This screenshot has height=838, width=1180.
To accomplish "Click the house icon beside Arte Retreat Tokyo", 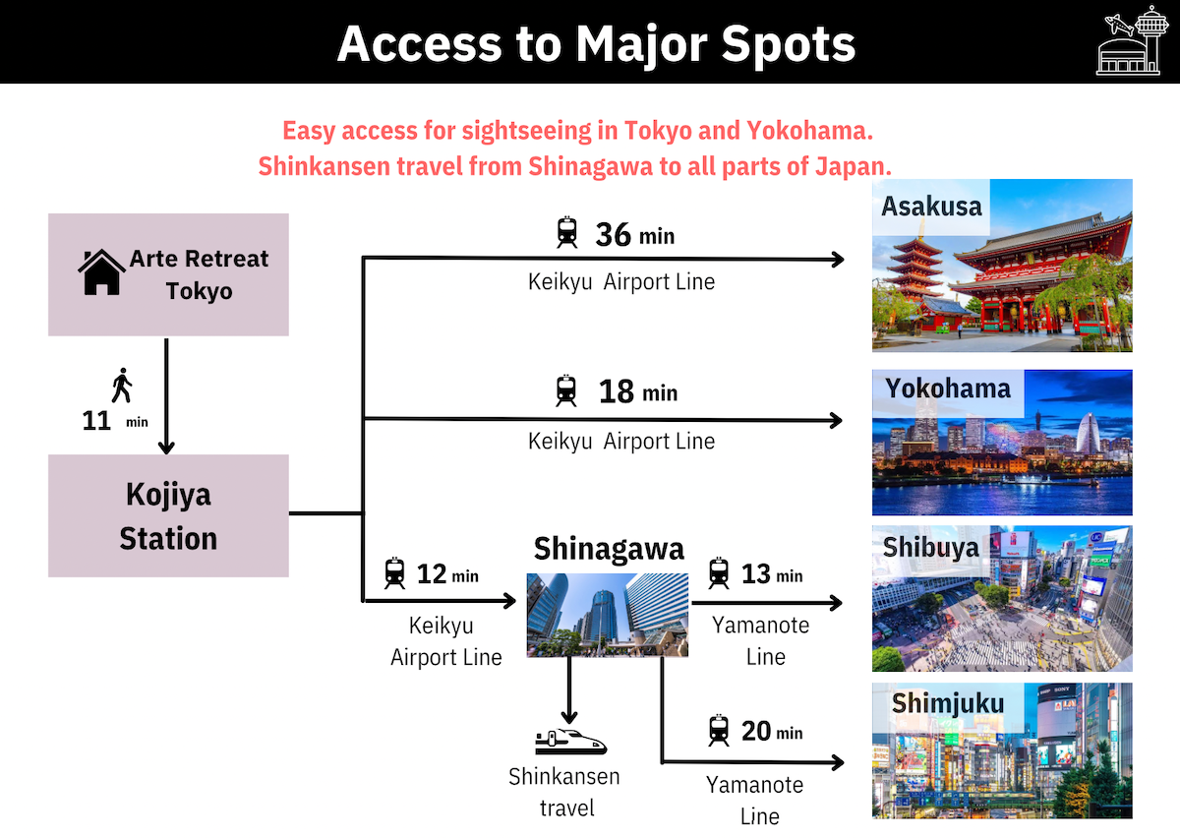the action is tap(101, 271).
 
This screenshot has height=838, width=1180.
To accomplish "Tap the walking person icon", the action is tap(122, 386).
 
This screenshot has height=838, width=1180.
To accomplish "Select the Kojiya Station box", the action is tap(168, 516).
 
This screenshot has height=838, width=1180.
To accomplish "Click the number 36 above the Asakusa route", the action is tap(614, 234).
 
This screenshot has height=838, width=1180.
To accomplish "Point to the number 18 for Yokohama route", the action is tap(616, 391).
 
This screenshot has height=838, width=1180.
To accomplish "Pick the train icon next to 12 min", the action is tap(394, 572).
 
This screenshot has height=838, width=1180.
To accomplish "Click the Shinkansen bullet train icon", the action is tap(571, 742).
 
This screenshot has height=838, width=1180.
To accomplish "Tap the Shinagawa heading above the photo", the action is tap(609, 550).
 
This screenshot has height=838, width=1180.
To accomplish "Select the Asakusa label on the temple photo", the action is tap(931, 207).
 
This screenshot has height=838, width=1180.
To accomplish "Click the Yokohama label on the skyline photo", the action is tap(948, 389).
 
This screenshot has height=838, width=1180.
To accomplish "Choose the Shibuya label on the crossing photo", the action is tap(930, 548).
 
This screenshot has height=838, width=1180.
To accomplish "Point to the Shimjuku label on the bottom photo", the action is tap(948, 703).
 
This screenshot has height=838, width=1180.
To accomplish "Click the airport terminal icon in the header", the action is tap(1132, 40).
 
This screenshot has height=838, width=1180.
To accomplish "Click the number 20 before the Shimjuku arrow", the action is tap(756, 731).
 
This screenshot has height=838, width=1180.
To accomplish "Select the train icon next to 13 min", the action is tap(719, 572).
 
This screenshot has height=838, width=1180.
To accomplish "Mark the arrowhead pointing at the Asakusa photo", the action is tap(837, 260).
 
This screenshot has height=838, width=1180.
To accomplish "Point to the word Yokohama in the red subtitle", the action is tap(809, 131).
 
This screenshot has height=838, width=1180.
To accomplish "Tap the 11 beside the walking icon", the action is tap(96, 421).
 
